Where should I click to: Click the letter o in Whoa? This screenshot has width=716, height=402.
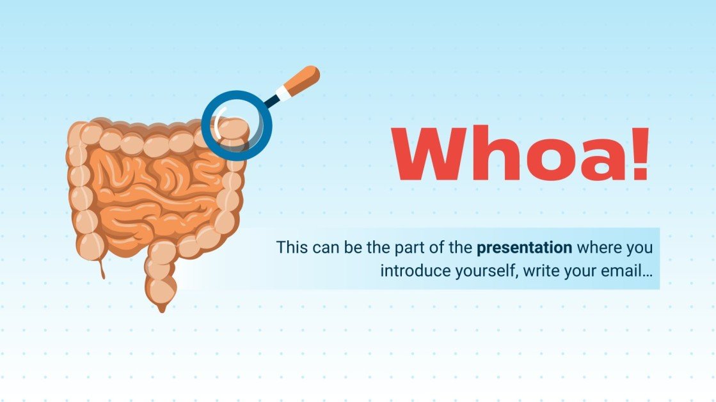(548, 160)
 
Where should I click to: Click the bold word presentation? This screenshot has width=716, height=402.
(525, 247)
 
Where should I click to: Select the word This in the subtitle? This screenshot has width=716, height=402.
(290, 247)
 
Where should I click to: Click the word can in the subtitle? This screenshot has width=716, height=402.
(324, 247)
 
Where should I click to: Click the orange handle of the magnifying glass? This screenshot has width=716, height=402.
(304, 81)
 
